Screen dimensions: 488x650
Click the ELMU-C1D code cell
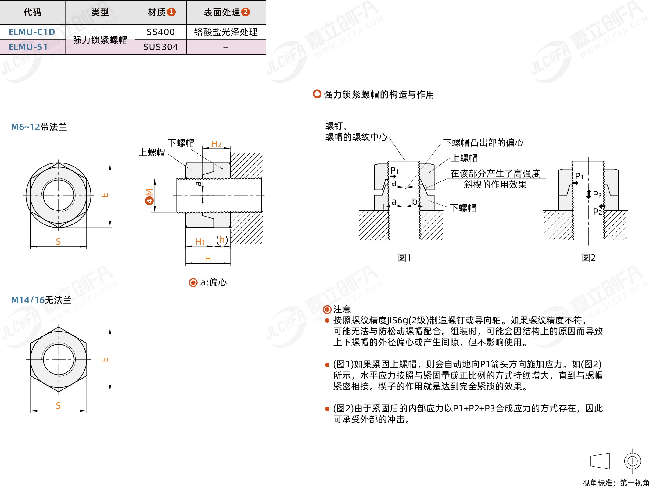click(x=32, y=32)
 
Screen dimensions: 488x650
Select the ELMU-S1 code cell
click(x=28, y=47)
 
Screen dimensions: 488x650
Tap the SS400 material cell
click(x=160, y=32)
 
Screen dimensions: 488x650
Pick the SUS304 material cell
click(x=160, y=47)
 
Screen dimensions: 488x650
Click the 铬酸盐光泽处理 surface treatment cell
click(x=226, y=32)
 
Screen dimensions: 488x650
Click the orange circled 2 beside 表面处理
click(x=246, y=12)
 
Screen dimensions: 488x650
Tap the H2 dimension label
click(x=216, y=144)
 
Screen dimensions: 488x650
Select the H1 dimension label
click(x=200, y=242)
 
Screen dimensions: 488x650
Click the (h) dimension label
click(x=222, y=240)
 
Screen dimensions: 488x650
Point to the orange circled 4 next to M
click(x=149, y=200)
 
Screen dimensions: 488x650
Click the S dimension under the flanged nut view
click(x=58, y=242)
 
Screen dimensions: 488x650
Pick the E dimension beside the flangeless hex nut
click(x=105, y=359)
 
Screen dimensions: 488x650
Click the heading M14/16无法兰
click(x=41, y=300)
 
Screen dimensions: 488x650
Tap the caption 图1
click(x=404, y=258)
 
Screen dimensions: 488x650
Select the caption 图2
click(x=588, y=258)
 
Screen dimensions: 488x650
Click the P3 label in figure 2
click(x=597, y=194)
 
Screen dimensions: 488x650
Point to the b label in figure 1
click(x=415, y=201)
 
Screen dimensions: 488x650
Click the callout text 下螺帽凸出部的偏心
click(x=483, y=143)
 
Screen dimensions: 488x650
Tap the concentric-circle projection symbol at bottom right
click(x=632, y=461)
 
